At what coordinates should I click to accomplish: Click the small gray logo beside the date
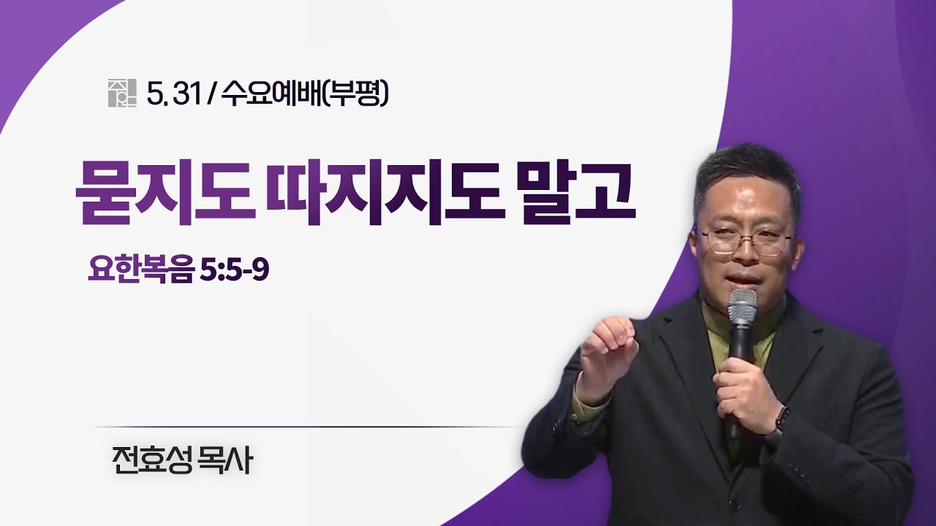122,93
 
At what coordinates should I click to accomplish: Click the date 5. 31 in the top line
175,94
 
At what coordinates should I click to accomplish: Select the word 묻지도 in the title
165,194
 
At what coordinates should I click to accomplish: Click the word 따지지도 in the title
385,194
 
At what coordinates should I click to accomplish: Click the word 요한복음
141,270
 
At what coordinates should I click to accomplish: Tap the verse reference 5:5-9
235,270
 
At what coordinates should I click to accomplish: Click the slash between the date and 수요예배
212,94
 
